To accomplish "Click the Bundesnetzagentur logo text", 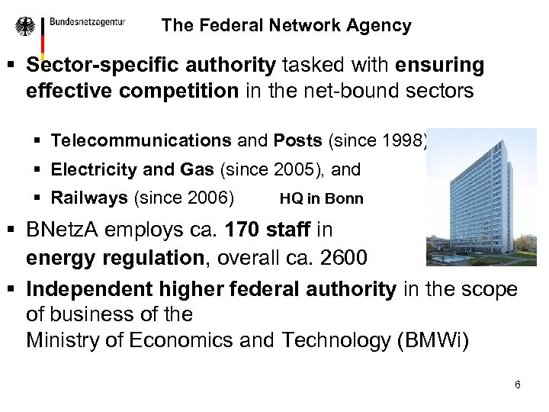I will pos(87,22).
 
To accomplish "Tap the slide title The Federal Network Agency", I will pos(286,25).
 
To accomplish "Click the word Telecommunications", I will pos(141,140).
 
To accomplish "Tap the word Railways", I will pos(89,198).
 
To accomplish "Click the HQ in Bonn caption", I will pos(321,199).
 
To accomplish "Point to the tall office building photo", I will pos(481,198).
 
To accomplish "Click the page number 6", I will pos(518,385).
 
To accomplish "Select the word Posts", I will pos(298,140).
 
